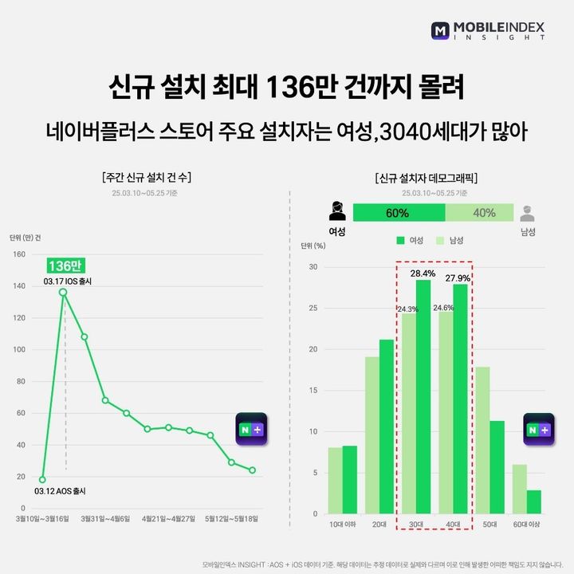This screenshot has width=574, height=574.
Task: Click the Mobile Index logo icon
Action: (442, 31)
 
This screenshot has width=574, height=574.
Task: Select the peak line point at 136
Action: (63, 292)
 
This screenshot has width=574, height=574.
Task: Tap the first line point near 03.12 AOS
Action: (42, 479)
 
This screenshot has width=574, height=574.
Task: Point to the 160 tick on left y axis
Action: (18, 254)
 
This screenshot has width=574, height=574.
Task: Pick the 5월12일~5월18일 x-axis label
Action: (231, 518)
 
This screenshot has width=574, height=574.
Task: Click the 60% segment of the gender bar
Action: (399, 213)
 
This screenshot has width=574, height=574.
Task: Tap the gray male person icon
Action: (527, 213)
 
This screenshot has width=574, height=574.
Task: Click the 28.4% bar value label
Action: (423, 273)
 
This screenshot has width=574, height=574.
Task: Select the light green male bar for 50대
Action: (482, 440)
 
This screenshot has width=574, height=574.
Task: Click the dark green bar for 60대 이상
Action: (534, 501)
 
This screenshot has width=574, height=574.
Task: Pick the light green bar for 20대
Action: (372, 434)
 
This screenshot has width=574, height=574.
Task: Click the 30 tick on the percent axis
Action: (313, 267)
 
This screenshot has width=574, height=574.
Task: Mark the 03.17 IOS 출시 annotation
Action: (68, 281)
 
